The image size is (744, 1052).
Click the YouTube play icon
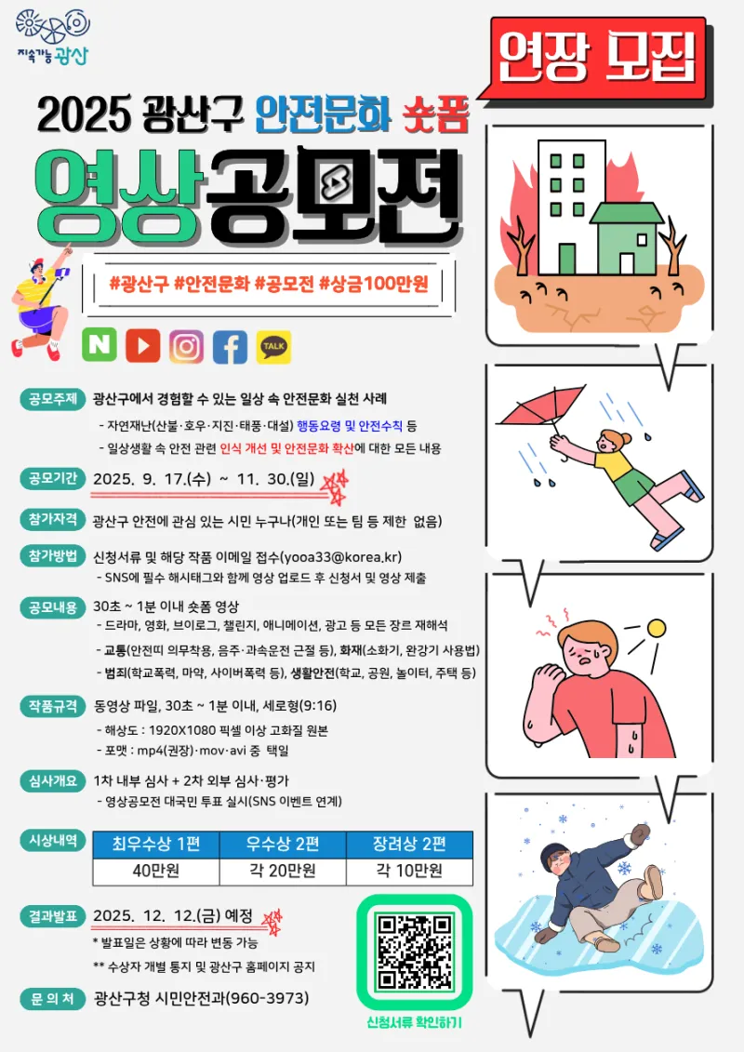[x=142, y=346]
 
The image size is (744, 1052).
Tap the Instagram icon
[x=186, y=346]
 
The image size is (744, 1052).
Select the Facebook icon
[x=230, y=346]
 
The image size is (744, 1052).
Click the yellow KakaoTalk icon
[x=273, y=346]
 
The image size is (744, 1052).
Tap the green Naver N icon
[x=100, y=345]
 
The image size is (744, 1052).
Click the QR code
[x=414, y=952]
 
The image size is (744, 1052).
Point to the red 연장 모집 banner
[x=598, y=58]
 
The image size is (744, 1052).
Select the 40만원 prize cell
[x=155, y=871]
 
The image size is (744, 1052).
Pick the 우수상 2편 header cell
[x=283, y=844]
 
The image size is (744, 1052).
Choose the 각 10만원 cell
[x=409, y=871]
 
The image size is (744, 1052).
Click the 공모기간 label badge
[x=53, y=478]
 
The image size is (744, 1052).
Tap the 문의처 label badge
[x=53, y=998]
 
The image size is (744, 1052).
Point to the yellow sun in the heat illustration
[x=656, y=628]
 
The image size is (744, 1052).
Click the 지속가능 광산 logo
[x=52, y=37]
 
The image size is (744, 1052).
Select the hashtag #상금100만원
[x=374, y=284]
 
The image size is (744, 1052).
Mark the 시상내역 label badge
[x=53, y=840]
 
